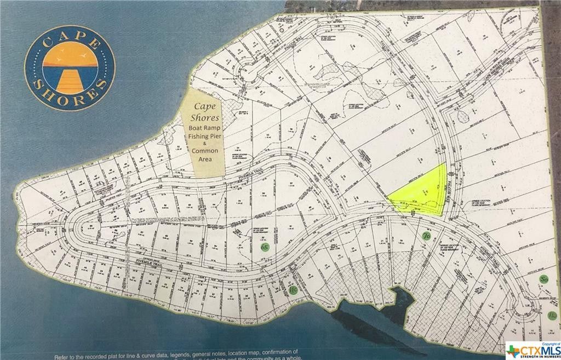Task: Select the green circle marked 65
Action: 265,248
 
